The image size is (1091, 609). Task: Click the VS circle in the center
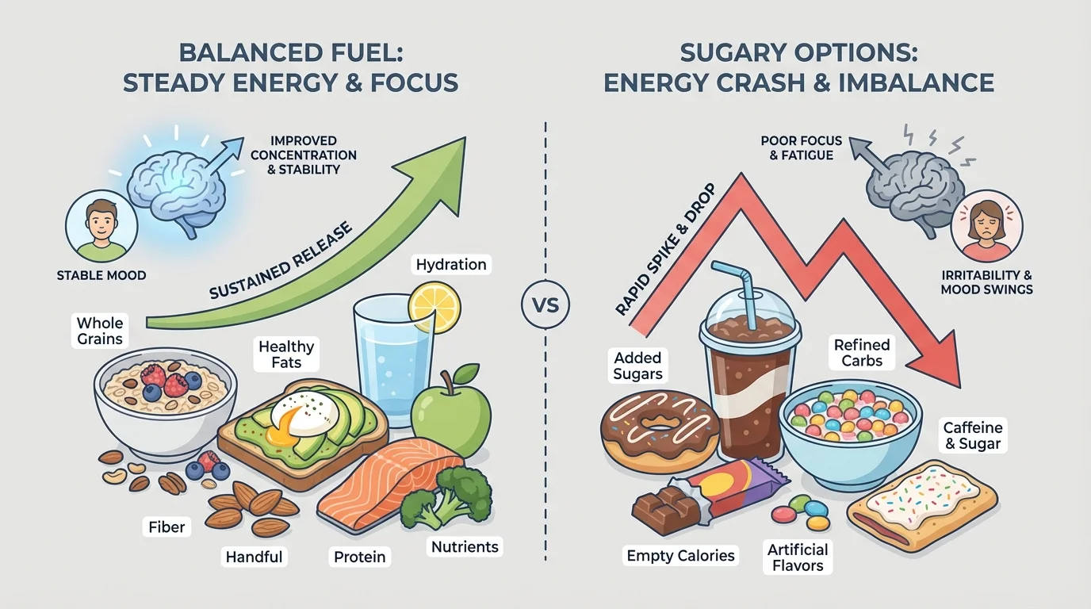[x=545, y=304]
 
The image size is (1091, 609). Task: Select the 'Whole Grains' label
[x=100, y=331]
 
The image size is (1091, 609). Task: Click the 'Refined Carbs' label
[x=862, y=352]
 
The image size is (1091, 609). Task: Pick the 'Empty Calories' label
[x=681, y=555]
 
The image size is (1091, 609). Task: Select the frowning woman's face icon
[x=986, y=227]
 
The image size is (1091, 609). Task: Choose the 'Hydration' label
[x=450, y=264]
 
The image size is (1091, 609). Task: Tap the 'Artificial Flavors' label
[x=798, y=557]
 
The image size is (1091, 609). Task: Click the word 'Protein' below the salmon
[x=359, y=557]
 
